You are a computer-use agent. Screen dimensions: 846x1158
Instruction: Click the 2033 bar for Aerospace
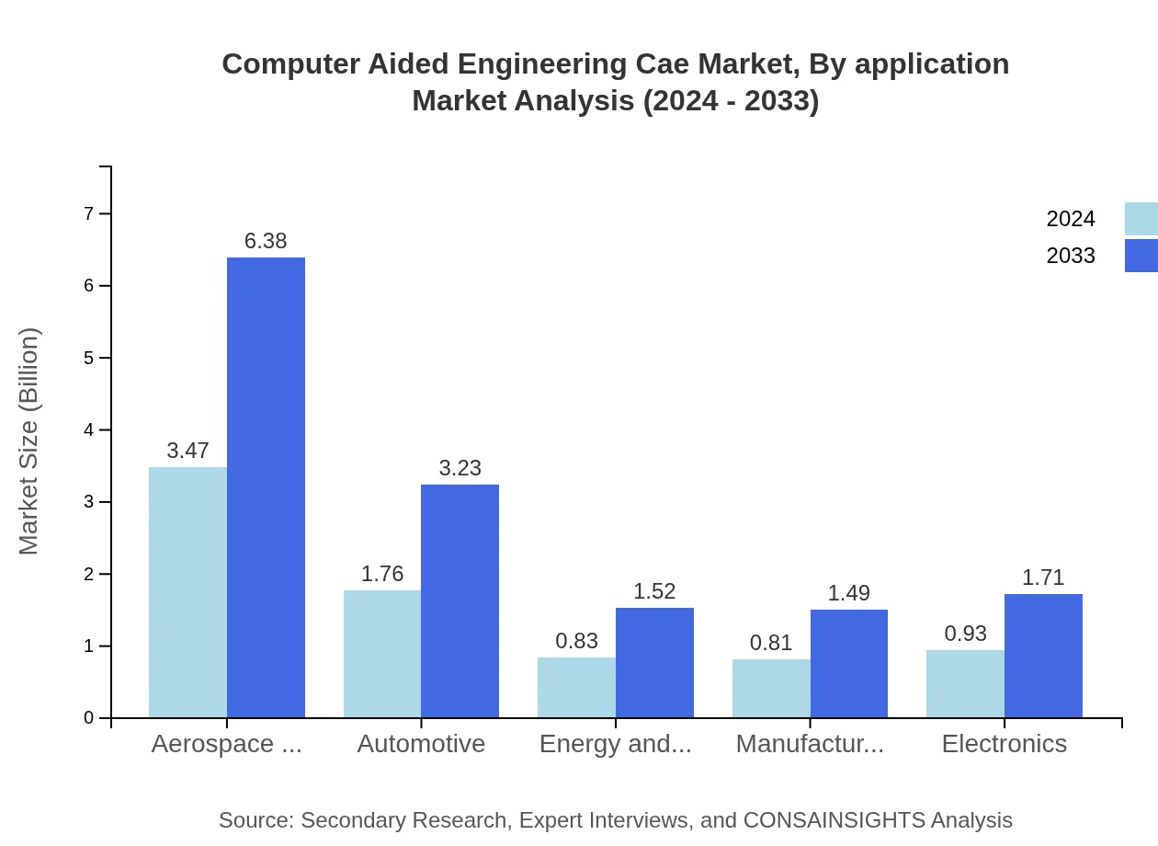click(266, 487)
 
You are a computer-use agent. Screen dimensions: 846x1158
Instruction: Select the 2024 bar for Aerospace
click(187, 592)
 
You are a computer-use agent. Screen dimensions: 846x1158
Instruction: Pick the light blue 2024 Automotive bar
click(382, 654)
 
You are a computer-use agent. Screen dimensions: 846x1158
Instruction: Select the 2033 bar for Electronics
click(1043, 656)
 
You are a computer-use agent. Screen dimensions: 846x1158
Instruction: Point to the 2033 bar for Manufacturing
click(849, 663)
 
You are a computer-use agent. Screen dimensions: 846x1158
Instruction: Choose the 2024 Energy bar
click(576, 687)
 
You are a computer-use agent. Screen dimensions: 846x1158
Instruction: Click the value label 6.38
click(266, 241)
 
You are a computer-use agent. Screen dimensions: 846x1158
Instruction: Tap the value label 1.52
click(654, 591)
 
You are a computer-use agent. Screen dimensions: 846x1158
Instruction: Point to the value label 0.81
click(771, 643)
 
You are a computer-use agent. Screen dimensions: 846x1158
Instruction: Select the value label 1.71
click(1043, 577)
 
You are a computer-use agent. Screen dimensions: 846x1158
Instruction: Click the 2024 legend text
click(1071, 219)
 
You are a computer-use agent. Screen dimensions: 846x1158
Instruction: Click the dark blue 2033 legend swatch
click(1141, 256)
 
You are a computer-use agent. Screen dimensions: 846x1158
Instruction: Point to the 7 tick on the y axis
click(89, 213)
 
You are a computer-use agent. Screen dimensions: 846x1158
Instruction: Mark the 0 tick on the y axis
click(89, 718)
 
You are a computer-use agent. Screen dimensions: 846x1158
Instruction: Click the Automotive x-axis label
click(421, 743)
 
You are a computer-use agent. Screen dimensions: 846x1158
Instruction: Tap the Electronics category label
click(1004, 743)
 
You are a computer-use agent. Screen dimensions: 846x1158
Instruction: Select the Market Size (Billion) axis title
click(29, 441)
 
